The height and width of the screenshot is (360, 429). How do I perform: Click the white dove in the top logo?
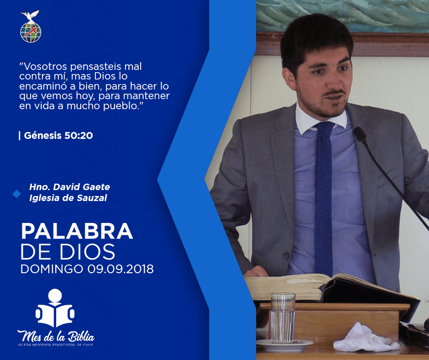pos(30,16)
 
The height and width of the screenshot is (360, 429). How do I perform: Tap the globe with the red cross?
pos(31,32)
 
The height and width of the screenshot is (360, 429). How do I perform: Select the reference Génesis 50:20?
pos(58,135)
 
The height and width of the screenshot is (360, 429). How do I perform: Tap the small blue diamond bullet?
pos(17,194)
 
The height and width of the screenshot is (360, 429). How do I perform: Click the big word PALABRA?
pos(77,232)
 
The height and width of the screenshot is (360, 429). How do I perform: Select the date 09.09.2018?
pos(120,269)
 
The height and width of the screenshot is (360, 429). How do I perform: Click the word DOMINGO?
pos(52,269)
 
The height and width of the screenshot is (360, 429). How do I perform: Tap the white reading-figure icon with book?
pos(55,308)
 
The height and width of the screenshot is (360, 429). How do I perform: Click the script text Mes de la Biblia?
pos(56,336)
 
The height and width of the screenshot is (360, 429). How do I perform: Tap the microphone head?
pos(360,134)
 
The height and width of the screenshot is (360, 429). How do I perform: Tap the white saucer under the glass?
pos(284,344)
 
